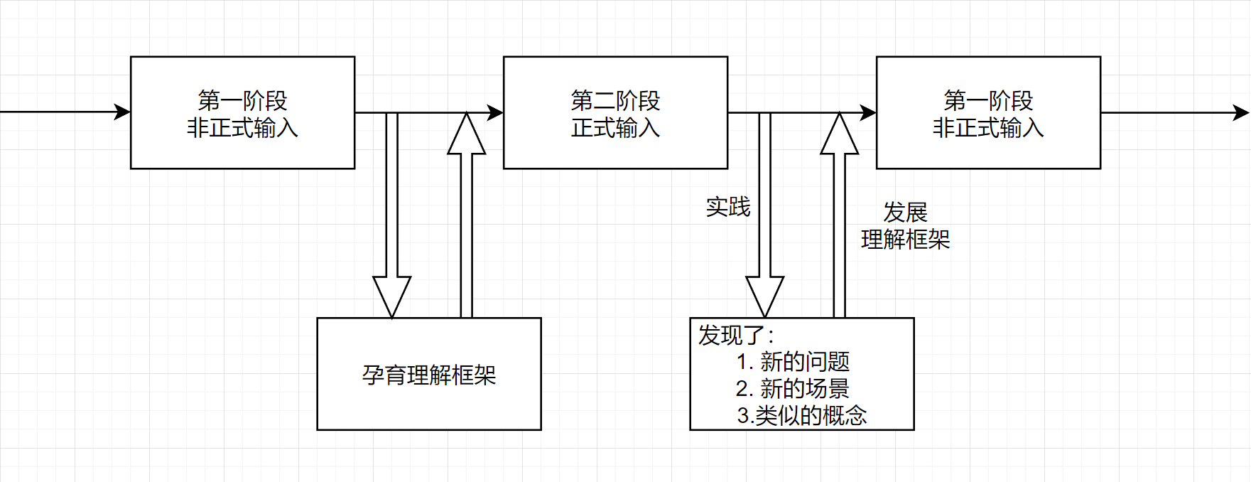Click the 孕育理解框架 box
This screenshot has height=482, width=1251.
[x=428, y=375]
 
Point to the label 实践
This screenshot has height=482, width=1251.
[x=728, y=207]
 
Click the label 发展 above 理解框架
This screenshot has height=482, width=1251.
[x=905, y=212]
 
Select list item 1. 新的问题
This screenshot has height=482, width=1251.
[x=793, y=362]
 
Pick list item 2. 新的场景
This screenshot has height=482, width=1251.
[x=793, y=389]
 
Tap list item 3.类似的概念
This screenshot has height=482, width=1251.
[x=801, y=415]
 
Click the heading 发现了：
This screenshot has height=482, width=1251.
[x=736, y=335]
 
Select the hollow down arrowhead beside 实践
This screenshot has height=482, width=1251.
[x=765, y=296]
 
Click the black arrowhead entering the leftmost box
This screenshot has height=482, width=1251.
[x=123, y=112]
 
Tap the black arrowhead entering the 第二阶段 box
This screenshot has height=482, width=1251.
[x=496, y=112]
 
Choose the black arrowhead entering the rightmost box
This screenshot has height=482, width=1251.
[x=868, y=112]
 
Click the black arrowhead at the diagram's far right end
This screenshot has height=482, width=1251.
[x=1240, y=112]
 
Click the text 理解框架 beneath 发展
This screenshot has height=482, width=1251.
[x=905, y=240]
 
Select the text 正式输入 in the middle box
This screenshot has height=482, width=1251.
[x=615, y=128]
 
